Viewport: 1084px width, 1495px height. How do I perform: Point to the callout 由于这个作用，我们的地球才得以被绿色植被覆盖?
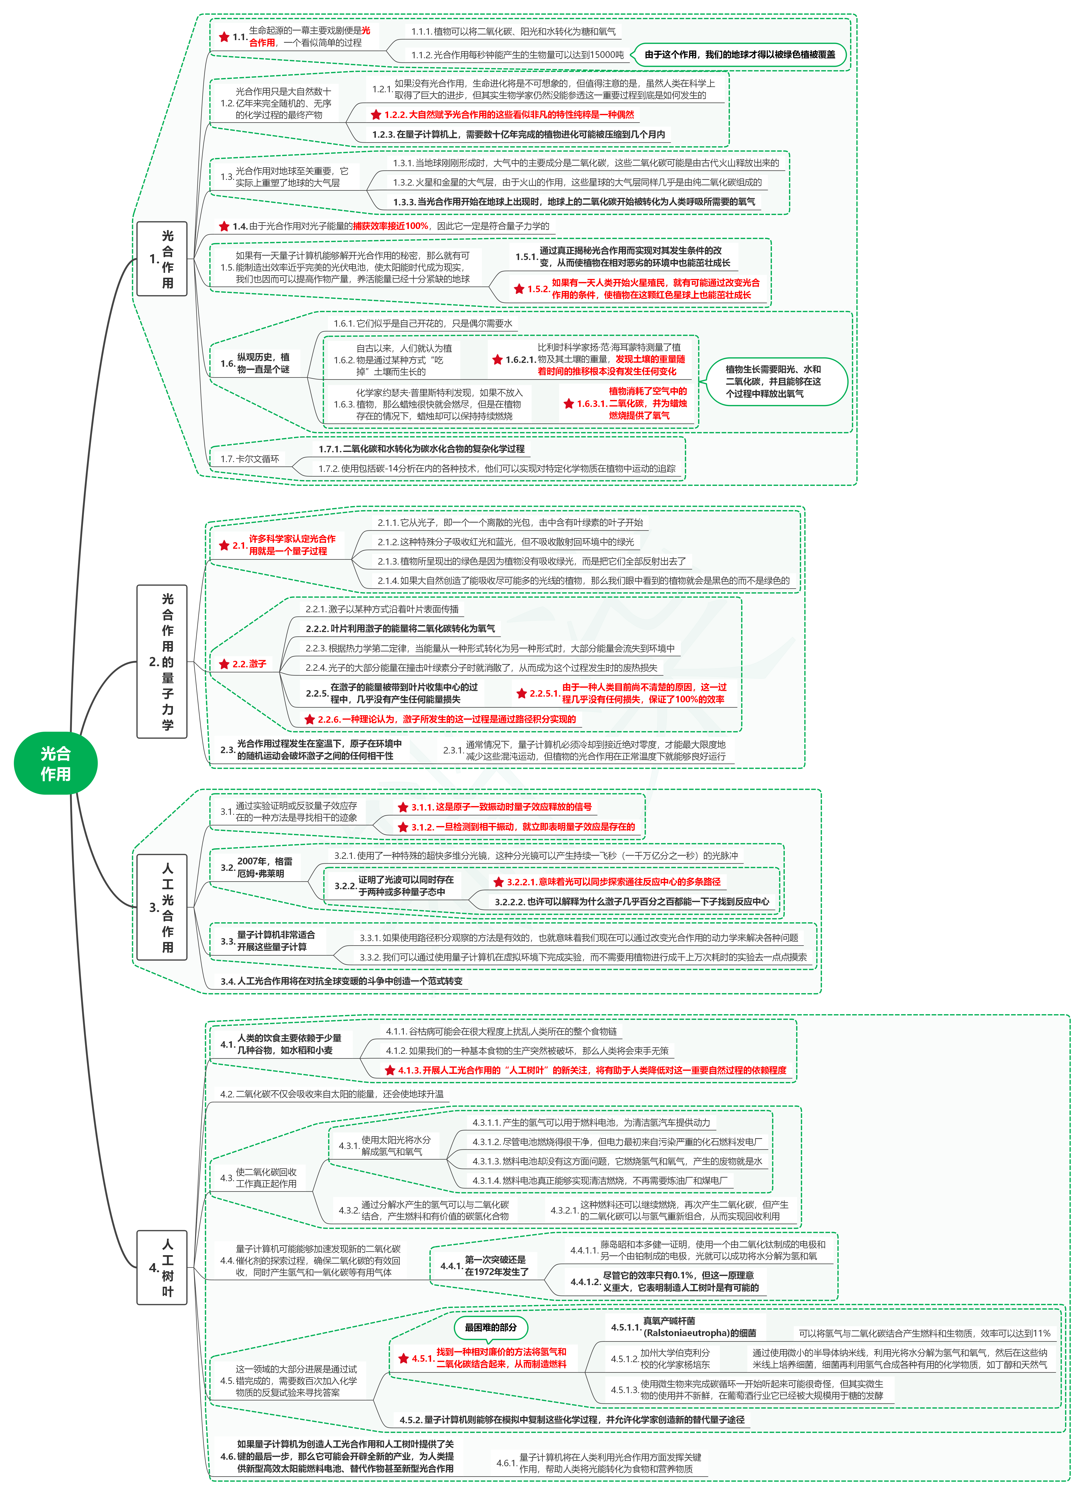[739, 55]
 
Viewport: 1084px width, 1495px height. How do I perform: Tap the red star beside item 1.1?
[224, 37]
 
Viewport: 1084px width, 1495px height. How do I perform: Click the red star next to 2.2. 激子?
[224, 664]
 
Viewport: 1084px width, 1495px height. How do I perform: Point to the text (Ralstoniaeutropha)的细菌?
[700, 1333]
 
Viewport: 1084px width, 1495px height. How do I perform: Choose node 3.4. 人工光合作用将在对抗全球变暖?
[341, 981]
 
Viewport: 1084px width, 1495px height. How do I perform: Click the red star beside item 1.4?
[224, 226]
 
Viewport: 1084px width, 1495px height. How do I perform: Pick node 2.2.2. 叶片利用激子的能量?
[400, 629]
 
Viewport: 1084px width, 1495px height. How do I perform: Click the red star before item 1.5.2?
[519, 289]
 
